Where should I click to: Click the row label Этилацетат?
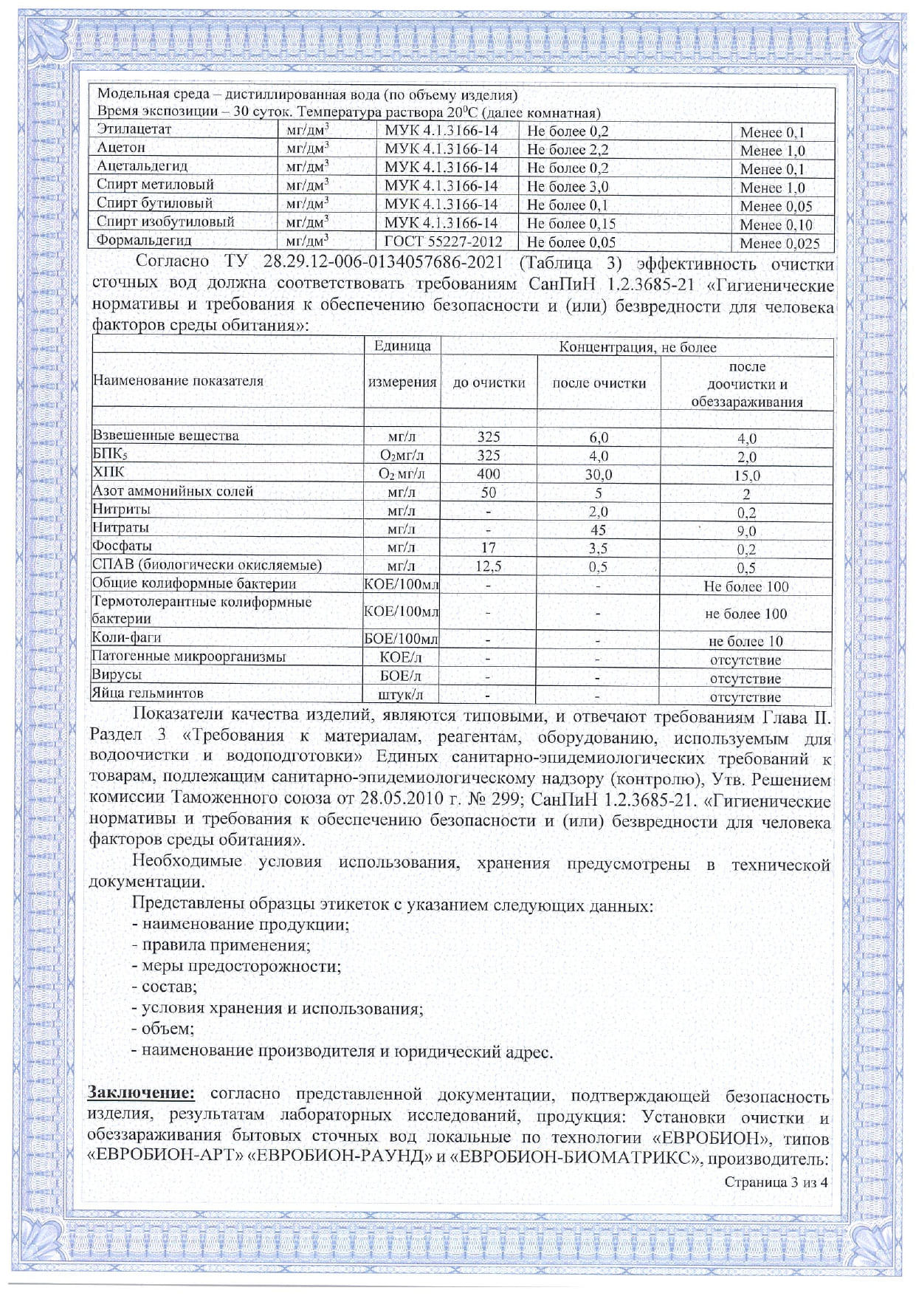(x=134, y=129)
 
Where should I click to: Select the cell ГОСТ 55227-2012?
(x=443, y=241)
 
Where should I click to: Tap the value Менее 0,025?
(x=779, y=243)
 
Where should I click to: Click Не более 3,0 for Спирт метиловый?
(x=568, y=186)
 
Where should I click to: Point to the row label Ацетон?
(x=121, y=148)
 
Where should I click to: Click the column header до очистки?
(x=489, y=383)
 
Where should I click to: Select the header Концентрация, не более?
(x=637, y=347)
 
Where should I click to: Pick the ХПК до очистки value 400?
(x=489, y=473)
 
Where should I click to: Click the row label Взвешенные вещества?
(x=165, y=436)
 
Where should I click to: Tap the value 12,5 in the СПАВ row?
(x=489, y=566)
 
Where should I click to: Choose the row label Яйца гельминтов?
(x=147, y=693)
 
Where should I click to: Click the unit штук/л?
(x=401, y=695)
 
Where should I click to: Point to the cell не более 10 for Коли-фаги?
(x=745, y=641)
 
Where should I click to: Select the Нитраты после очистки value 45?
(x=598, y=529)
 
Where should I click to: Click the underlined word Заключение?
(x=141, y=1094)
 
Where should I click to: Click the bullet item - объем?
(x=162, y=1029)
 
